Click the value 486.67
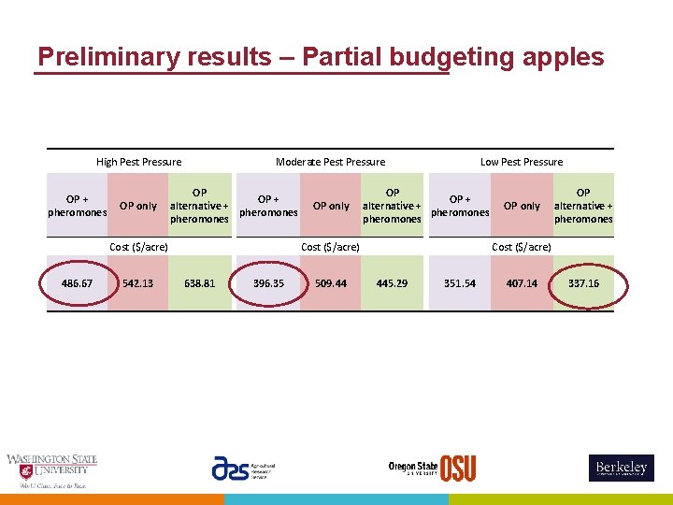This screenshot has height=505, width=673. tap(77, 283)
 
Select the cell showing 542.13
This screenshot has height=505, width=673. tap(138, 283)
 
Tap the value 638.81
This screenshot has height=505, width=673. tap(200, 283)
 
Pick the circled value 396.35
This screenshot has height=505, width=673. tap(268, 283)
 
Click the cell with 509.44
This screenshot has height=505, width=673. tap(331, 283)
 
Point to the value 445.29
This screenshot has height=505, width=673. tap(392, 283)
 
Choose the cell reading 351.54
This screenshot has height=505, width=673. tap(460, 283)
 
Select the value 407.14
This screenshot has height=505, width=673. tap(522, 283)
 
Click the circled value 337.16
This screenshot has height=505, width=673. tap(583, 283)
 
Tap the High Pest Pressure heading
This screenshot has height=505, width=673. tap(138, 162)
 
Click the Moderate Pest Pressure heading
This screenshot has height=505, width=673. tap(330, 162)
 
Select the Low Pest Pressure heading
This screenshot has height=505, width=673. tap(522, 162)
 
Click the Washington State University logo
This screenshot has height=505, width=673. tap(51, 470)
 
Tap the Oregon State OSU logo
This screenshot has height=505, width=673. tap(432, 468)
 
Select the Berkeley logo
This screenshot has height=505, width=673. tap(621, 468)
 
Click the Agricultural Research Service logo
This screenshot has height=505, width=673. tap(242, 469)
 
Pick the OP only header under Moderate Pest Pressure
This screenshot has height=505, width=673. tap(331, 206)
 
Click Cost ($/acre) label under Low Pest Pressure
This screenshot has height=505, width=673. tap(522, 247)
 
